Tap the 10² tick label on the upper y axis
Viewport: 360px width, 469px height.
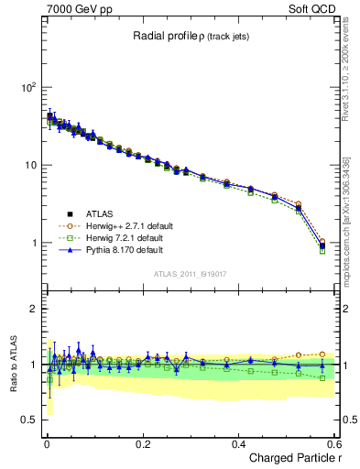click(26, 87)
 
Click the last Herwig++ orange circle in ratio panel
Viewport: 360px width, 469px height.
click(322, 354)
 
